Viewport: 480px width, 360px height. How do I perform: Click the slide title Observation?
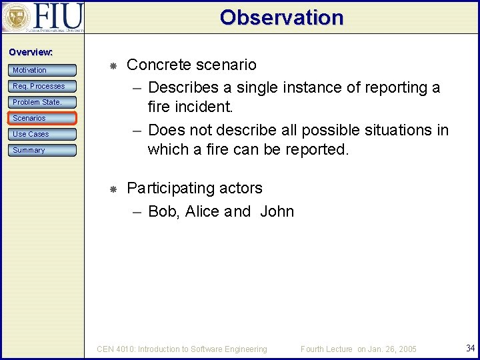pyautogui.click(x=281, y=17)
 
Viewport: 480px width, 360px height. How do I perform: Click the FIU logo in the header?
pyautogui.click(x=43, y=17)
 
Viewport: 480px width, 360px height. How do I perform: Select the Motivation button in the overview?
pyautogui.click(x=42, y=70)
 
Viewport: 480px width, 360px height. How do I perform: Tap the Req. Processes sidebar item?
pyautogui.click(x=42, y=86)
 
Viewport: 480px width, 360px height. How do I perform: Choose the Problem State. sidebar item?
pyautogui.click(x=42, y=102)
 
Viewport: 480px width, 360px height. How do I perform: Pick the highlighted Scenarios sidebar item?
pyautogui.click(x=42, y=118)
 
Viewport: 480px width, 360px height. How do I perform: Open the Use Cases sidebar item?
pyautogui.click(x=42, y=134)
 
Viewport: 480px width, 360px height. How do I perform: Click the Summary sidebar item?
pyautogui.click(x=42, y=150)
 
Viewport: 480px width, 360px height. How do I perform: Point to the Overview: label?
pyautogui.click(x=31, y=52)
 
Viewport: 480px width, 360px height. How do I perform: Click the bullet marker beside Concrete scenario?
pyautogui.click(x=113, y=66)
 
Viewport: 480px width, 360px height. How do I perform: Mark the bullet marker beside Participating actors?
pyautogui.click(x=113, y=190)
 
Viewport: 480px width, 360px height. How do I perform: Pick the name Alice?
pyautogui.click(x=202, y=211)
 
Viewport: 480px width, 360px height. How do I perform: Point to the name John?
pyautogui.click(x=277, y=211)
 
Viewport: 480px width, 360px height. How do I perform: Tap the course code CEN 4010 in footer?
pyautogui.click(x=115, y=349)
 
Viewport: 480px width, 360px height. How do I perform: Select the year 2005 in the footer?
pyautogui.click(x=405, y=349)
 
